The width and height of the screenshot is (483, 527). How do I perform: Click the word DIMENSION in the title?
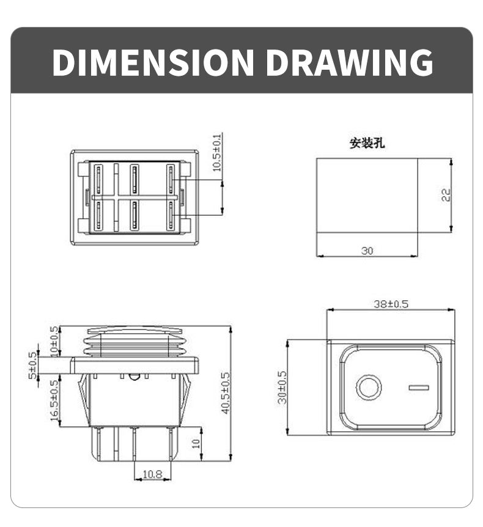(153, 62)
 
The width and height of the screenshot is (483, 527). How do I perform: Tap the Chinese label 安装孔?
(367, 144)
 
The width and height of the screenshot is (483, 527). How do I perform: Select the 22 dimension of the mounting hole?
(446, 194)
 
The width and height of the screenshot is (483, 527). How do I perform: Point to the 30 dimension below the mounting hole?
(367, 250)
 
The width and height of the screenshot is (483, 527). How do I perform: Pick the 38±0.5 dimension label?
(391, 304)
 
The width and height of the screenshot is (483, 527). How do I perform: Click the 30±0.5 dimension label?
(282, 387)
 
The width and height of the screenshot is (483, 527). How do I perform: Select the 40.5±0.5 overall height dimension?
(225, 393)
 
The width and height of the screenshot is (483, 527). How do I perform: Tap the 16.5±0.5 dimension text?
(54, 400)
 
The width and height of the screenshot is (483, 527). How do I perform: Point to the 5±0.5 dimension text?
(32, 365)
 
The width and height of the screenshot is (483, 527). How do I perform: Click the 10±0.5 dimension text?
(54, 341)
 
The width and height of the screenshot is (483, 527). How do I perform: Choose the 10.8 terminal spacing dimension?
(152, 473)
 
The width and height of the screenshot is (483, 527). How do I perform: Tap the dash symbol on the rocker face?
(418, 388)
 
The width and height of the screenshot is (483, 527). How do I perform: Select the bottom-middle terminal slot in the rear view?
(134, 215)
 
